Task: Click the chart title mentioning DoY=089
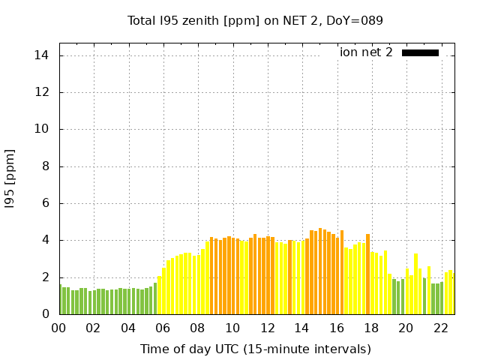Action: pyautogui.click(x=255, y=20)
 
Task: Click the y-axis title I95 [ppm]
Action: pyautogui.click(x=10, y=178)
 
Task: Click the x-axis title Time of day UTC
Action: pyautogui.click(x=255, y=349)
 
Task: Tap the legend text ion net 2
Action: pyautogui.click(x=366, y=52)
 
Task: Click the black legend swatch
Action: pyautogui.click(x=420, y=52)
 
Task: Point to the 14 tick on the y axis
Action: pyautogui.click(x=42, y=55)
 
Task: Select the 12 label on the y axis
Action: pyautogui.click(x=42, y=92)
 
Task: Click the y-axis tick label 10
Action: pyautogui.click(x=42, y=129)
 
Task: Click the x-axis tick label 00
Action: pyautogui.click(x=59, y=328)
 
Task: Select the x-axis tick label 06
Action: pyautogui.click(x=163, y=328)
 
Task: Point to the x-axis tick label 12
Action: pyautogui.click(x=267, y=328)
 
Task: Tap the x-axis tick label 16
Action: pyautogui.click(x=337, y=328)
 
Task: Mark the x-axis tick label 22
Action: pyautogui.click(x=440, y=328)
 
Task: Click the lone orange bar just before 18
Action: pyautogui.click(x=367, y=274)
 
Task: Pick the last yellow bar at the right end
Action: pyautogui.click(x=450, y=292)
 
